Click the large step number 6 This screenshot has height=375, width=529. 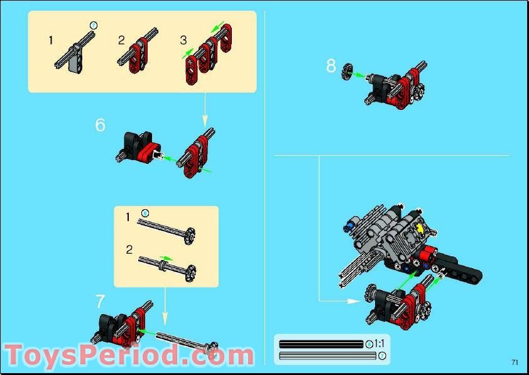coord(101,125)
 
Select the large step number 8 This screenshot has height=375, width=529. coord(331,65)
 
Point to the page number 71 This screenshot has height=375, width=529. coord(515,362)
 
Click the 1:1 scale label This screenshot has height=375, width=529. coord(379,344)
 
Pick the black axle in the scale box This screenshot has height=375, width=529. coord(321,344)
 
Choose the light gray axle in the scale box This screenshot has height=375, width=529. coord(327,356)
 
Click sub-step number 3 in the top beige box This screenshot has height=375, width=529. coord(183,40)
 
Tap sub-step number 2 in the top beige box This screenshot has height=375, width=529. coord(121,40)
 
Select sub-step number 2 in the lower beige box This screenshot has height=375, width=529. coord(129,249)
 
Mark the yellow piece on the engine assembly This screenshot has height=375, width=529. coord(420,229)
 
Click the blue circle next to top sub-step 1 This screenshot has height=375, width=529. coord(94,24)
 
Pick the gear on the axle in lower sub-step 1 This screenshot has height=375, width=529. coord(188,236)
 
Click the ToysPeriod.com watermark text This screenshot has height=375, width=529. coord(129,356)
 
